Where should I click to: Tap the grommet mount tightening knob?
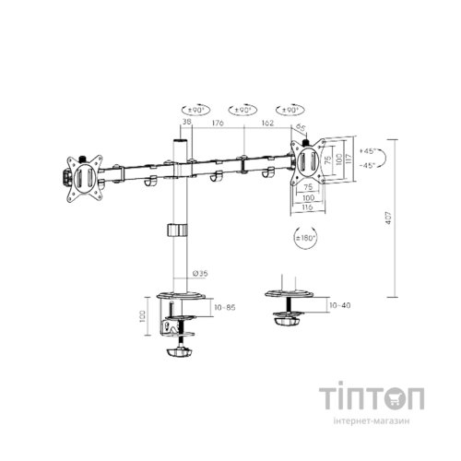[x=287, y=321]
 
